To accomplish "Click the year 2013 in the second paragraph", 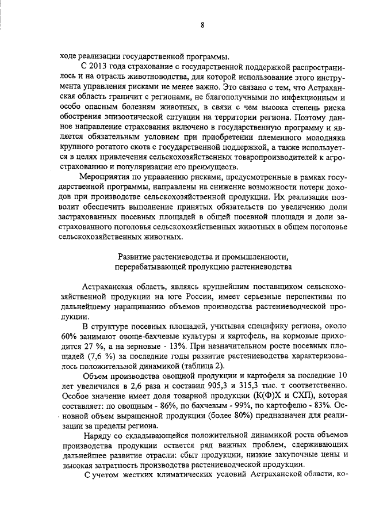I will [99, 68].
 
